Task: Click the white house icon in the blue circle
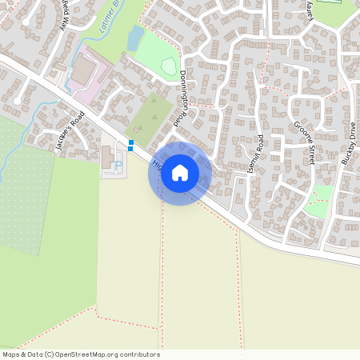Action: (180, 172)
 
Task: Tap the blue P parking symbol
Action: (118, 167)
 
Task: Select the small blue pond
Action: (134, 37)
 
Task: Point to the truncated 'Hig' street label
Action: (154, 165)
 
